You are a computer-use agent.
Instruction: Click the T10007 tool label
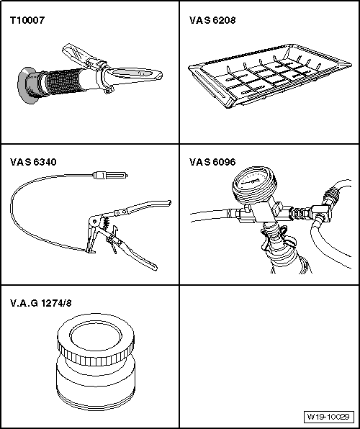(x=27, y=20)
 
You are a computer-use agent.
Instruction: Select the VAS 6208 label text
(x=212, y=20)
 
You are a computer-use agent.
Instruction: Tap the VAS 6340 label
(x=33, y=162)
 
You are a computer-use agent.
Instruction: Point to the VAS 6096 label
(x=212, y=162)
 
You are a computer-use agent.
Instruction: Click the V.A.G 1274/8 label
(x=41, y=303)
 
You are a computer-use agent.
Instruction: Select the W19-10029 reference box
(x=328, y=417)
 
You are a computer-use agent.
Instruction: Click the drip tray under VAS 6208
(x=270, y=76)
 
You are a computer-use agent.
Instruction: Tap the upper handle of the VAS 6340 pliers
(x=143, y=208)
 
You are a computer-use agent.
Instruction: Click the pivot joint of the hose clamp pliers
(x=94, y=221)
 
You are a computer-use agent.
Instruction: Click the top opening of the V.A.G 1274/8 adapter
(x=96, y=335)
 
